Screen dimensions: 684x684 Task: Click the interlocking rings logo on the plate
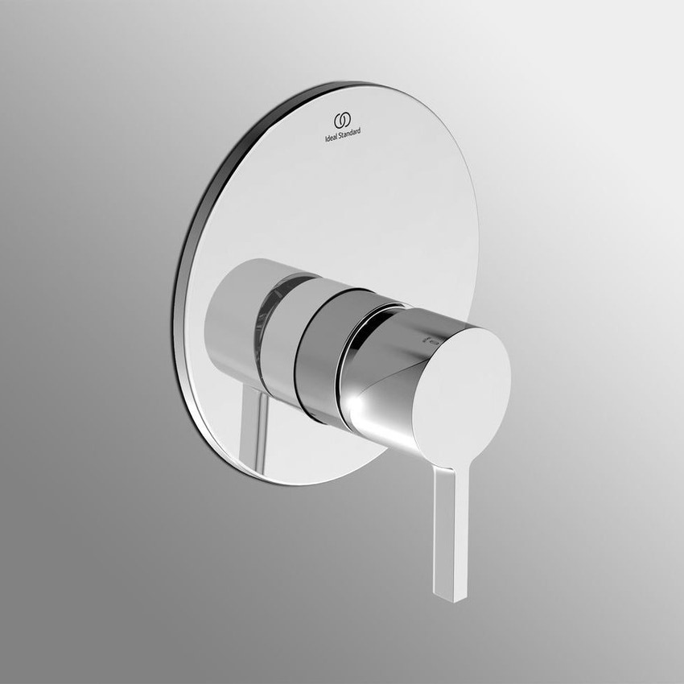tap(341, 120)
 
